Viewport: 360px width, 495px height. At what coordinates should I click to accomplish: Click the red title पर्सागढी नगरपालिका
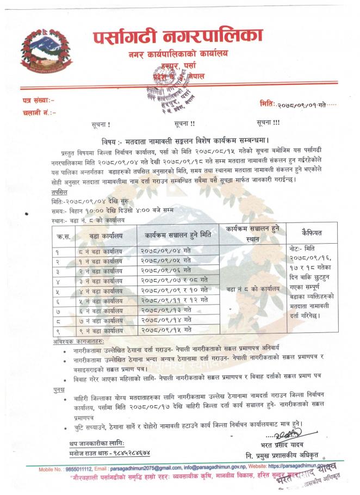177,36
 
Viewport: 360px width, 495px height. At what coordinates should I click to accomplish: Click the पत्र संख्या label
38,101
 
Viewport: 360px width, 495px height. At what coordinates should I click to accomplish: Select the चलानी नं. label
38,112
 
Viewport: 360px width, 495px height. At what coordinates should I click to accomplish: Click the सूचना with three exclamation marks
269,122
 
